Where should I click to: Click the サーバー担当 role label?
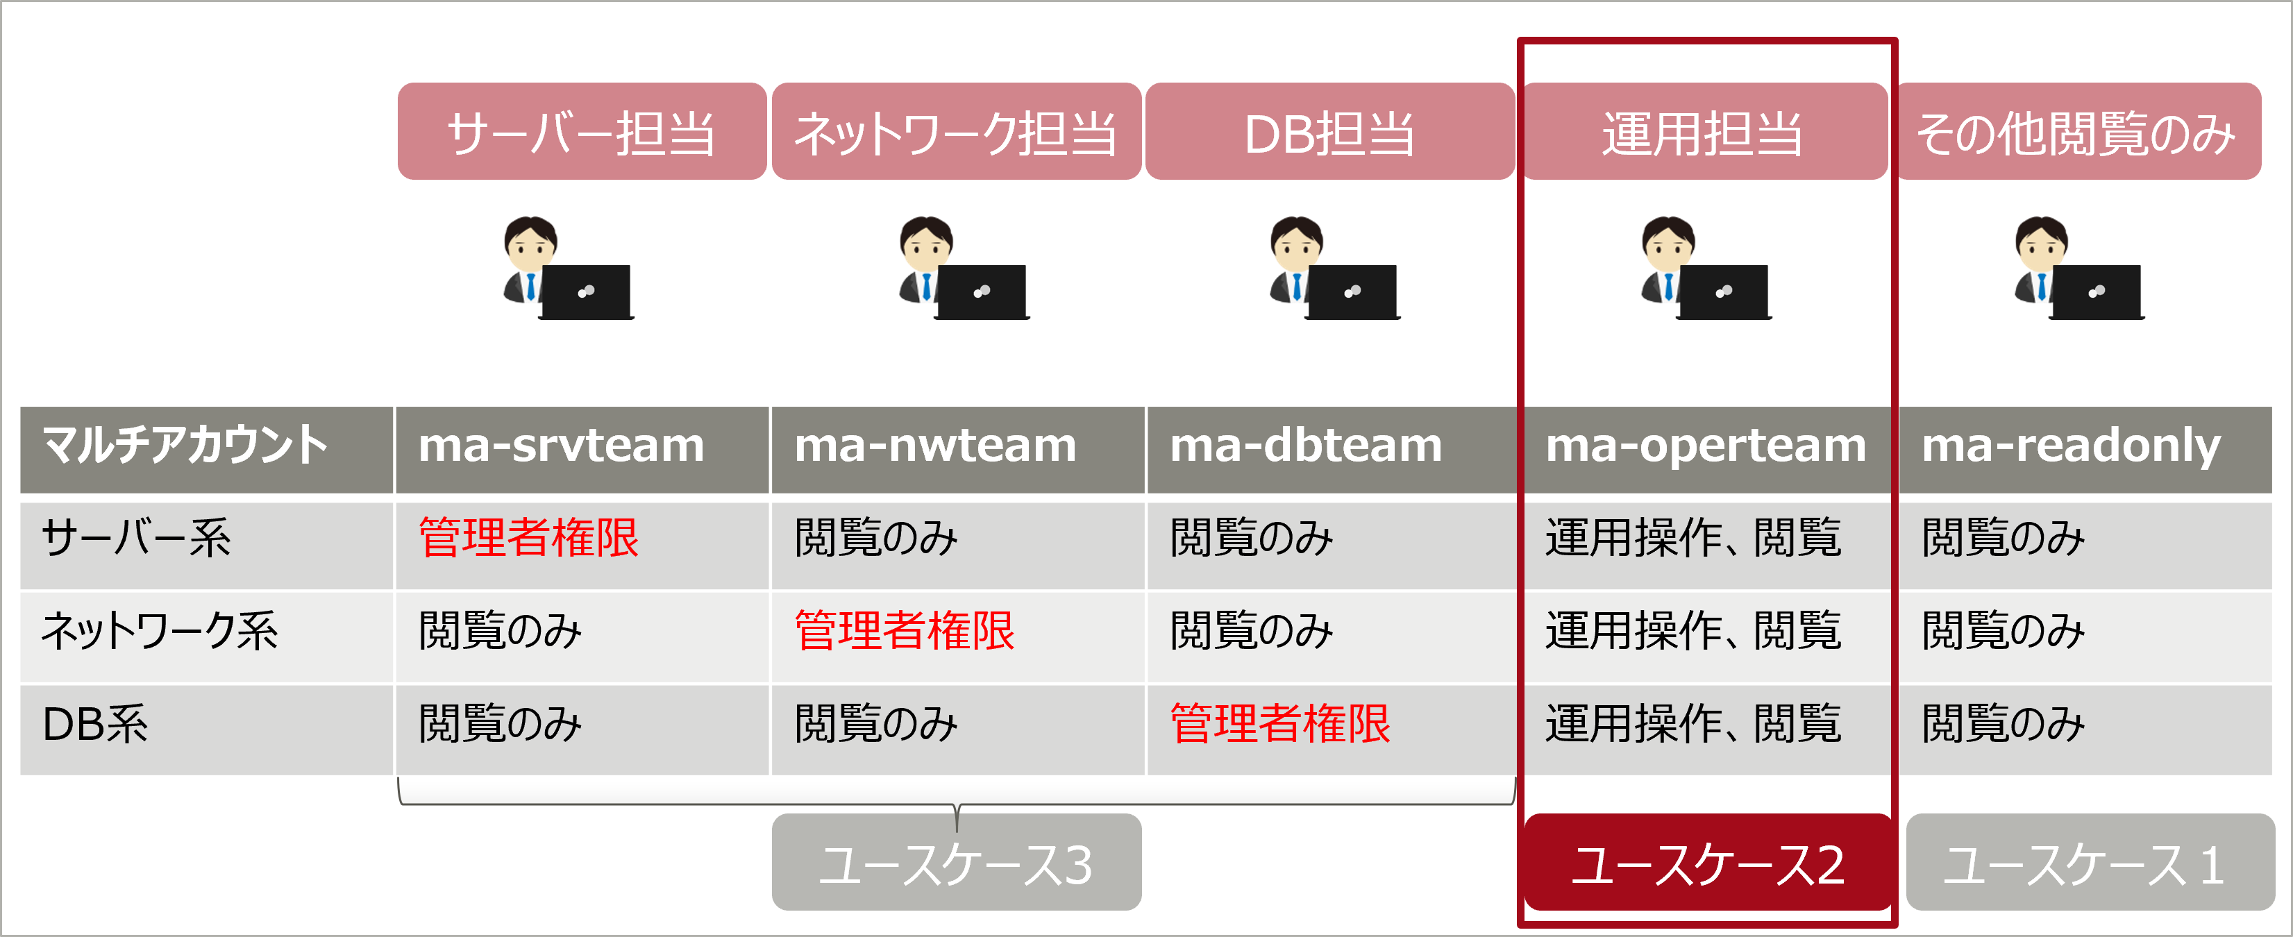(x=581, y=132)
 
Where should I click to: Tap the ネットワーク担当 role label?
(x=955, y=132)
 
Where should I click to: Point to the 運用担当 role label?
(x=1704, y=132)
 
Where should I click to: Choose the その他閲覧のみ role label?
(x=2076, y=132)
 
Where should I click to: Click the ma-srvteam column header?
(x=562, y=446)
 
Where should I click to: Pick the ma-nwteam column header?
(x=936, y=446)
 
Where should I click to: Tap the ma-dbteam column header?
(x=1306, y=446)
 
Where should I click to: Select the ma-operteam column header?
(x=1706, y=446)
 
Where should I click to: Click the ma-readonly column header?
(x=2072, y=446)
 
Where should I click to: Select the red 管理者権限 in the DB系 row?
(x=1280, y=723)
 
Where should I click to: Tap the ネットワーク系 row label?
(x=160, y=631)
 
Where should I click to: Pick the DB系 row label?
(x=95, y=723)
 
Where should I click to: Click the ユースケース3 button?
(x=956, y=863)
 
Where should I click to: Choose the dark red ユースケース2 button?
(x=1707, y=863)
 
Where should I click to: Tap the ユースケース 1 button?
(x=2088, y=863)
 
